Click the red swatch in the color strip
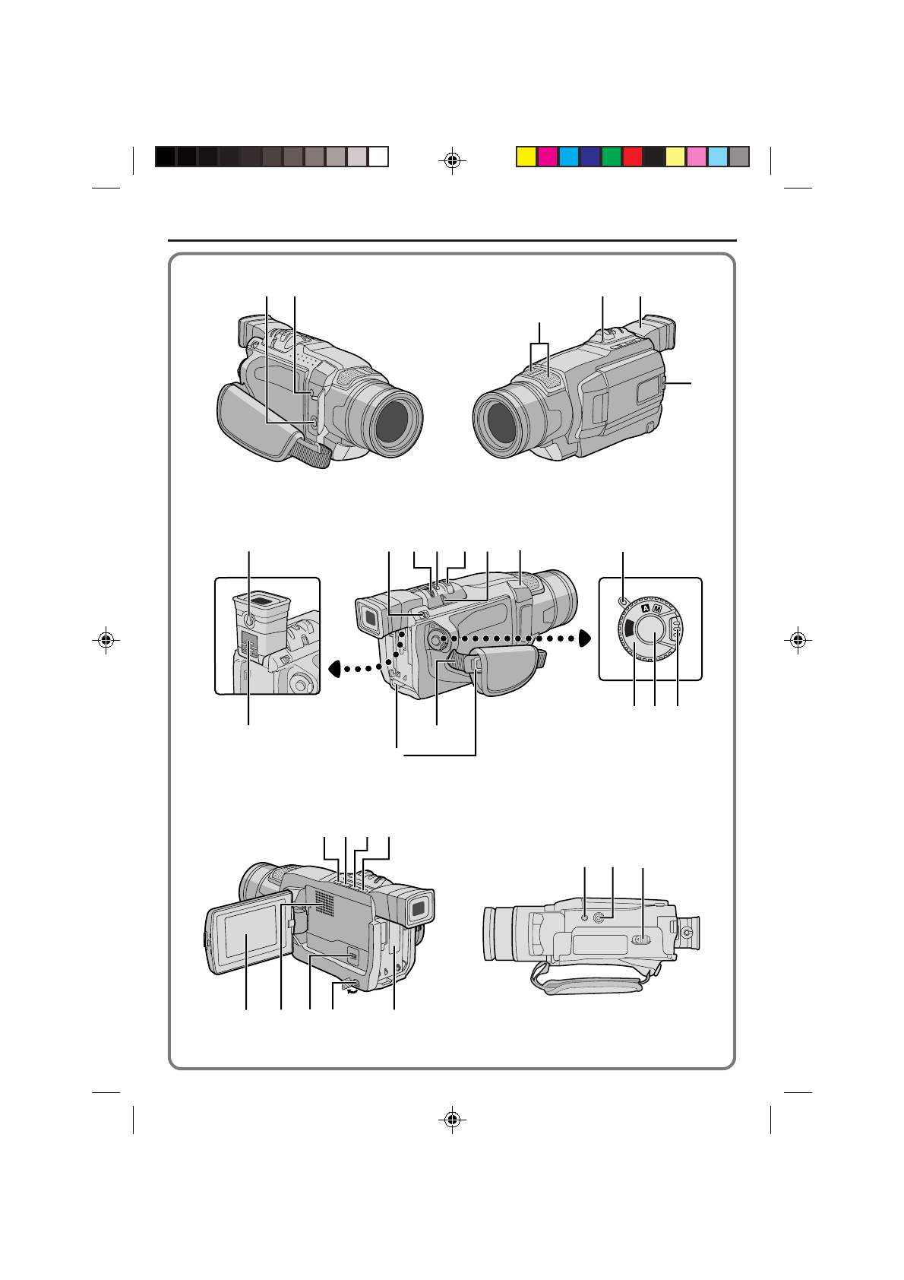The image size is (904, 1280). click(x=632, y=157)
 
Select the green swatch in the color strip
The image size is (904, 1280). click(x=611, y=157)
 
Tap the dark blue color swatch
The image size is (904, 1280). click(x=590, y=157)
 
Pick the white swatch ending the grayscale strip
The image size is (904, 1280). click(x=378, y=157)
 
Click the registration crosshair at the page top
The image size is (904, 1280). click(x=452, y=160)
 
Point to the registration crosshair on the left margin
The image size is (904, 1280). click(x=106, y=640)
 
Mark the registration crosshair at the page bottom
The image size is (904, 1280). click(x=452, y=1120)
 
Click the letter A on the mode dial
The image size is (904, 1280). click(x=646, y=608)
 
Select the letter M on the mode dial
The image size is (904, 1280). click(x=656, y=609)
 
